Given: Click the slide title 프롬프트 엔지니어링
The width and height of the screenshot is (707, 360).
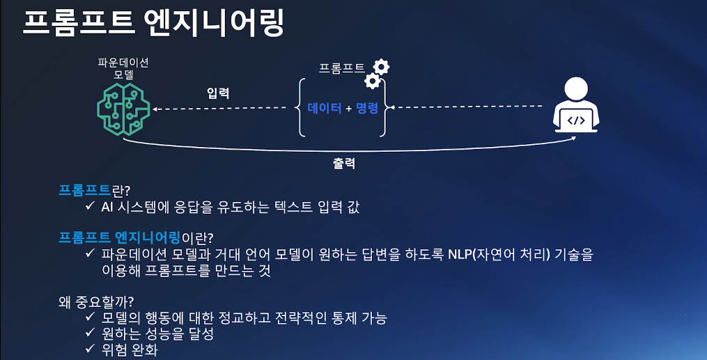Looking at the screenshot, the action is tap(154, 24).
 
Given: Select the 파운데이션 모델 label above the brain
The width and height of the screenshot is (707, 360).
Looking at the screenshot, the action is tap(123, 68).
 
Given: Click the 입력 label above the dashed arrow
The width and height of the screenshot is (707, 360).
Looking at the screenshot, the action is tap(218, 93).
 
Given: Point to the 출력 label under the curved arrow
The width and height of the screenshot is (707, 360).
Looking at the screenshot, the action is tap(344, 164).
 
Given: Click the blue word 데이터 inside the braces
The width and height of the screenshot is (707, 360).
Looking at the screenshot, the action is tap(325, 109).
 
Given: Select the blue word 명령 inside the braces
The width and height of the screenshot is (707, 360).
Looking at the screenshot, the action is tap(366, 109).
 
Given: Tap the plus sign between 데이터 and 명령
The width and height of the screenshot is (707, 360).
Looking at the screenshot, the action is tap(348, 109).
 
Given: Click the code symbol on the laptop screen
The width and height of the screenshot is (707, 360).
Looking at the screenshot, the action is tap(575, 120).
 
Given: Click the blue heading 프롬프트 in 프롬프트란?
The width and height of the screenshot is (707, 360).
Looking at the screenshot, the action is tap(85, 189).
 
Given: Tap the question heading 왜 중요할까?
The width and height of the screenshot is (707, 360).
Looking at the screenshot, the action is tap(97, 302).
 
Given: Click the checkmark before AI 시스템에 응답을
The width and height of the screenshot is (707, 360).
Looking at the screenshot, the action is tap(90, 207).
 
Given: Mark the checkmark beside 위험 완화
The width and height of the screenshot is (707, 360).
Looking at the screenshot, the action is tap(90, 350).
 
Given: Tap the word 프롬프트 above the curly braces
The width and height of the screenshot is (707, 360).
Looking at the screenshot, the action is tap(341, 68).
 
